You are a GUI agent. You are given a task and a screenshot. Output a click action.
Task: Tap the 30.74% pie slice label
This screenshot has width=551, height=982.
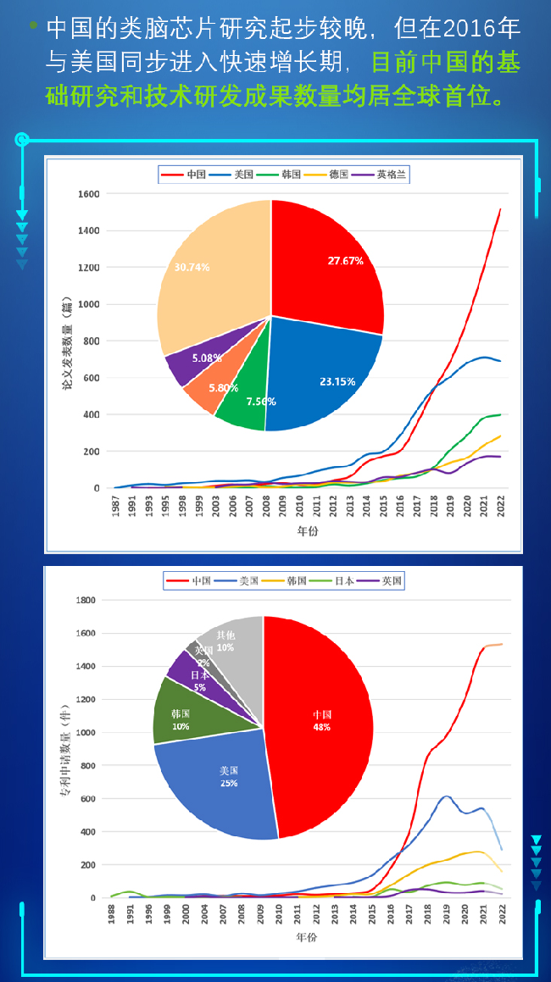pyautogui.click(x=192, y=266)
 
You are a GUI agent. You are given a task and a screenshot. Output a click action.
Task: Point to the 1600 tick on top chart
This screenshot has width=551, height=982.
pyautogui.click(x=88, y=194)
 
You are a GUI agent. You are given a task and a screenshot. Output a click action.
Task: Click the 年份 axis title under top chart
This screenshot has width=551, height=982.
pyautogui.click(x=308, y=531)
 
